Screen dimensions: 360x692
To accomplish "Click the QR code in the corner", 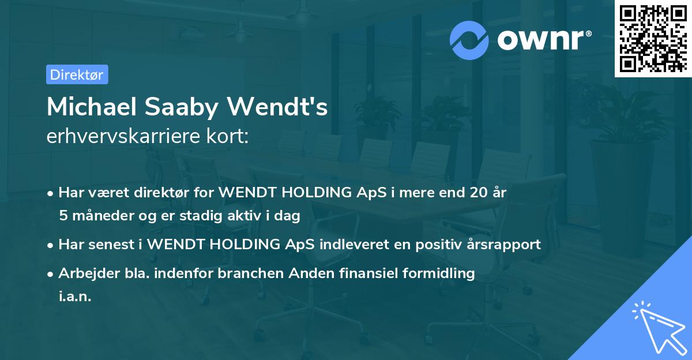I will pyautogui.click(x=652, y=38).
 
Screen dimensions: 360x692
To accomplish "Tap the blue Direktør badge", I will pyautogui.click(x=77, y=74).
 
